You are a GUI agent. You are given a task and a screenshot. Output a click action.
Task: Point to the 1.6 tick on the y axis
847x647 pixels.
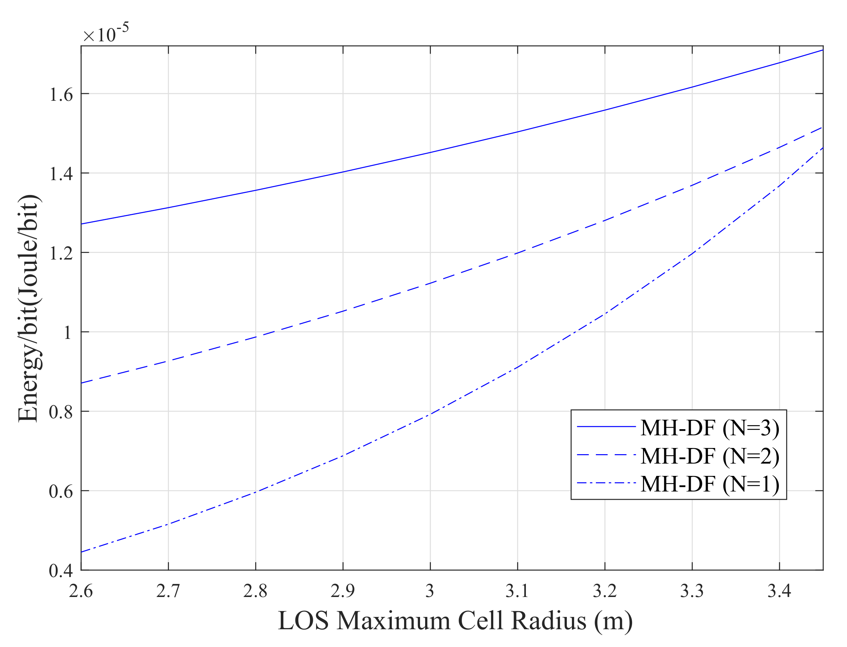pos(61,95)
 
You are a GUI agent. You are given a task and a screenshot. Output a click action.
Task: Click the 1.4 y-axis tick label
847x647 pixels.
pos(61,174)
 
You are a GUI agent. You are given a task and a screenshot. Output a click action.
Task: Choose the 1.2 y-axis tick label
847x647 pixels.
pos(61,253)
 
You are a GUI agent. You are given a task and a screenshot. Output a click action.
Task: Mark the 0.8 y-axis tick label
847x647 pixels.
pos(61,412)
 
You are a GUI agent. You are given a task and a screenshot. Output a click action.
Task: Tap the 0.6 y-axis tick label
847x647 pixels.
pos(61,492)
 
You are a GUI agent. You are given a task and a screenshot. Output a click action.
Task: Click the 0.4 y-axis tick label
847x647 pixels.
pos(61,571)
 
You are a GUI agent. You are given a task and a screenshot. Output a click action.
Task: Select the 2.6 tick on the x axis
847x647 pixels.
pos(81,591)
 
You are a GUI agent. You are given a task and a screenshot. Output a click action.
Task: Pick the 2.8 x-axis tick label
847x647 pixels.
pos(255,591)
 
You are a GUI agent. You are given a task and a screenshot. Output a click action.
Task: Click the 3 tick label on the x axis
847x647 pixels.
pos(430,591)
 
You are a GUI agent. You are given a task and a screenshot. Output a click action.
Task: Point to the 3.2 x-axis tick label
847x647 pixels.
pos(605,591)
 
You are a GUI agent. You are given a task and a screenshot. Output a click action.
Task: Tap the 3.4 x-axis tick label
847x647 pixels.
pos(779,591)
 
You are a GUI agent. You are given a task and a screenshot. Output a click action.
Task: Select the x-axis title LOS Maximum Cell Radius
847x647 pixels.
pos(455,621)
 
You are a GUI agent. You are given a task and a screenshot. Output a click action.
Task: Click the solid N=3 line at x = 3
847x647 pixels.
pos(430,153)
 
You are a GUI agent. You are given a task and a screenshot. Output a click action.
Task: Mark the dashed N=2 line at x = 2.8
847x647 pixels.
pos(255,337)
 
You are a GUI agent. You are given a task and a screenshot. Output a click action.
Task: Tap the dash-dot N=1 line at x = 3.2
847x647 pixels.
pos(605,314)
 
